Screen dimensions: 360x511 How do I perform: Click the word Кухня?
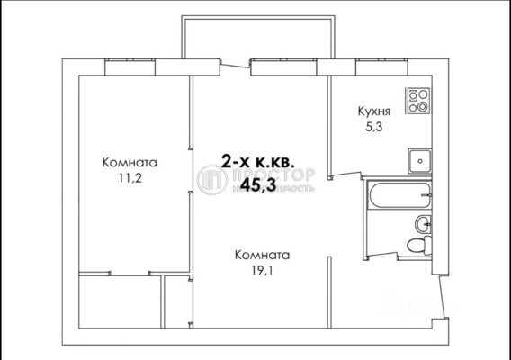click(374, 112)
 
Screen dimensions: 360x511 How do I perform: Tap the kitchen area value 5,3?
click(374, 128)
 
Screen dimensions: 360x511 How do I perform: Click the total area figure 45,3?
click(259, 184)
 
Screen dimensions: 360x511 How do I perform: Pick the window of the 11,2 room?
click(132, 66)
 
